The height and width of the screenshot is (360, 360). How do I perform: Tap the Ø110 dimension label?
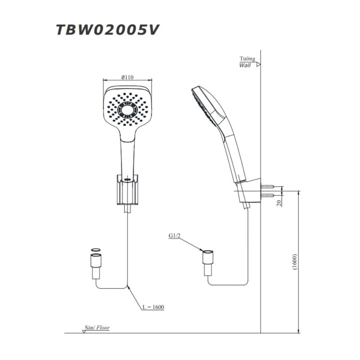click(127, 77)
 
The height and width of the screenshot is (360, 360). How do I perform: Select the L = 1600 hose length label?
click(153, 307)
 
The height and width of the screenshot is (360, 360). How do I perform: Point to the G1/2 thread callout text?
click(175, 236)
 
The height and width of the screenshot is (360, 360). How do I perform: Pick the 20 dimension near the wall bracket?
click(279, 202)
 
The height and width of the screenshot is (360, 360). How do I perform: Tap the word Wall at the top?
click(246, 65)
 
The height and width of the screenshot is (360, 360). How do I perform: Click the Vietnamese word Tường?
click(247, 58)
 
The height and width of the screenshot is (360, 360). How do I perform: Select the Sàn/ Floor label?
click(97, 328)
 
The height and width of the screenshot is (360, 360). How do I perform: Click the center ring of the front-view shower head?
click(128, 109)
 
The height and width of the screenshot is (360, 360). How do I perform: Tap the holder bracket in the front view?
click(128, 189)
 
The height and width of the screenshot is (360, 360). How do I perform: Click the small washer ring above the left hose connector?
click(96, 249)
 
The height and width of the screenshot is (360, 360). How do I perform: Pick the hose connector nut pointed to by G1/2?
click(208, 258)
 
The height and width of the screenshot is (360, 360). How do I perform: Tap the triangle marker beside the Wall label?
click(258, 65)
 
